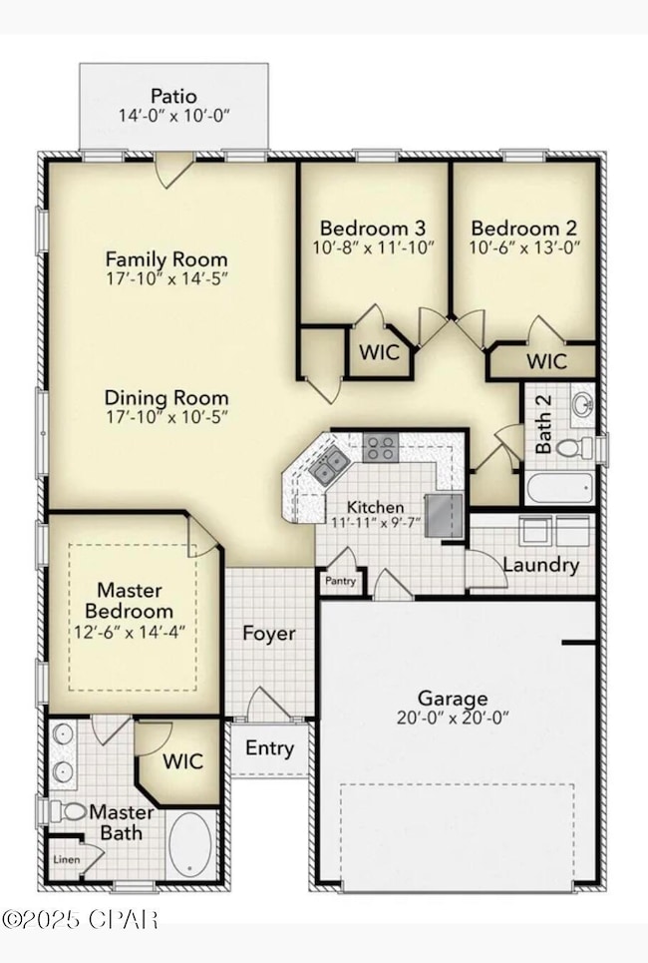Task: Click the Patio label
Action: pos(172,96)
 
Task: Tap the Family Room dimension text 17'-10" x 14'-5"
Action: pos(166,280)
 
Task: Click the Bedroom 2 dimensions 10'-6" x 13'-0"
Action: pos(524,246)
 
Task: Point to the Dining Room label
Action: pos(166,397)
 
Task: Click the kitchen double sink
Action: pos(328,465)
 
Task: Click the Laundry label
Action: pos(540,565)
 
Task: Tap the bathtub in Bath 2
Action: pos(557,488)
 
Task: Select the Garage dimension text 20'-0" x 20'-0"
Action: pos(453,719)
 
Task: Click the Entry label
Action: pos(270,748)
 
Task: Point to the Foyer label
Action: pos(270,634)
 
